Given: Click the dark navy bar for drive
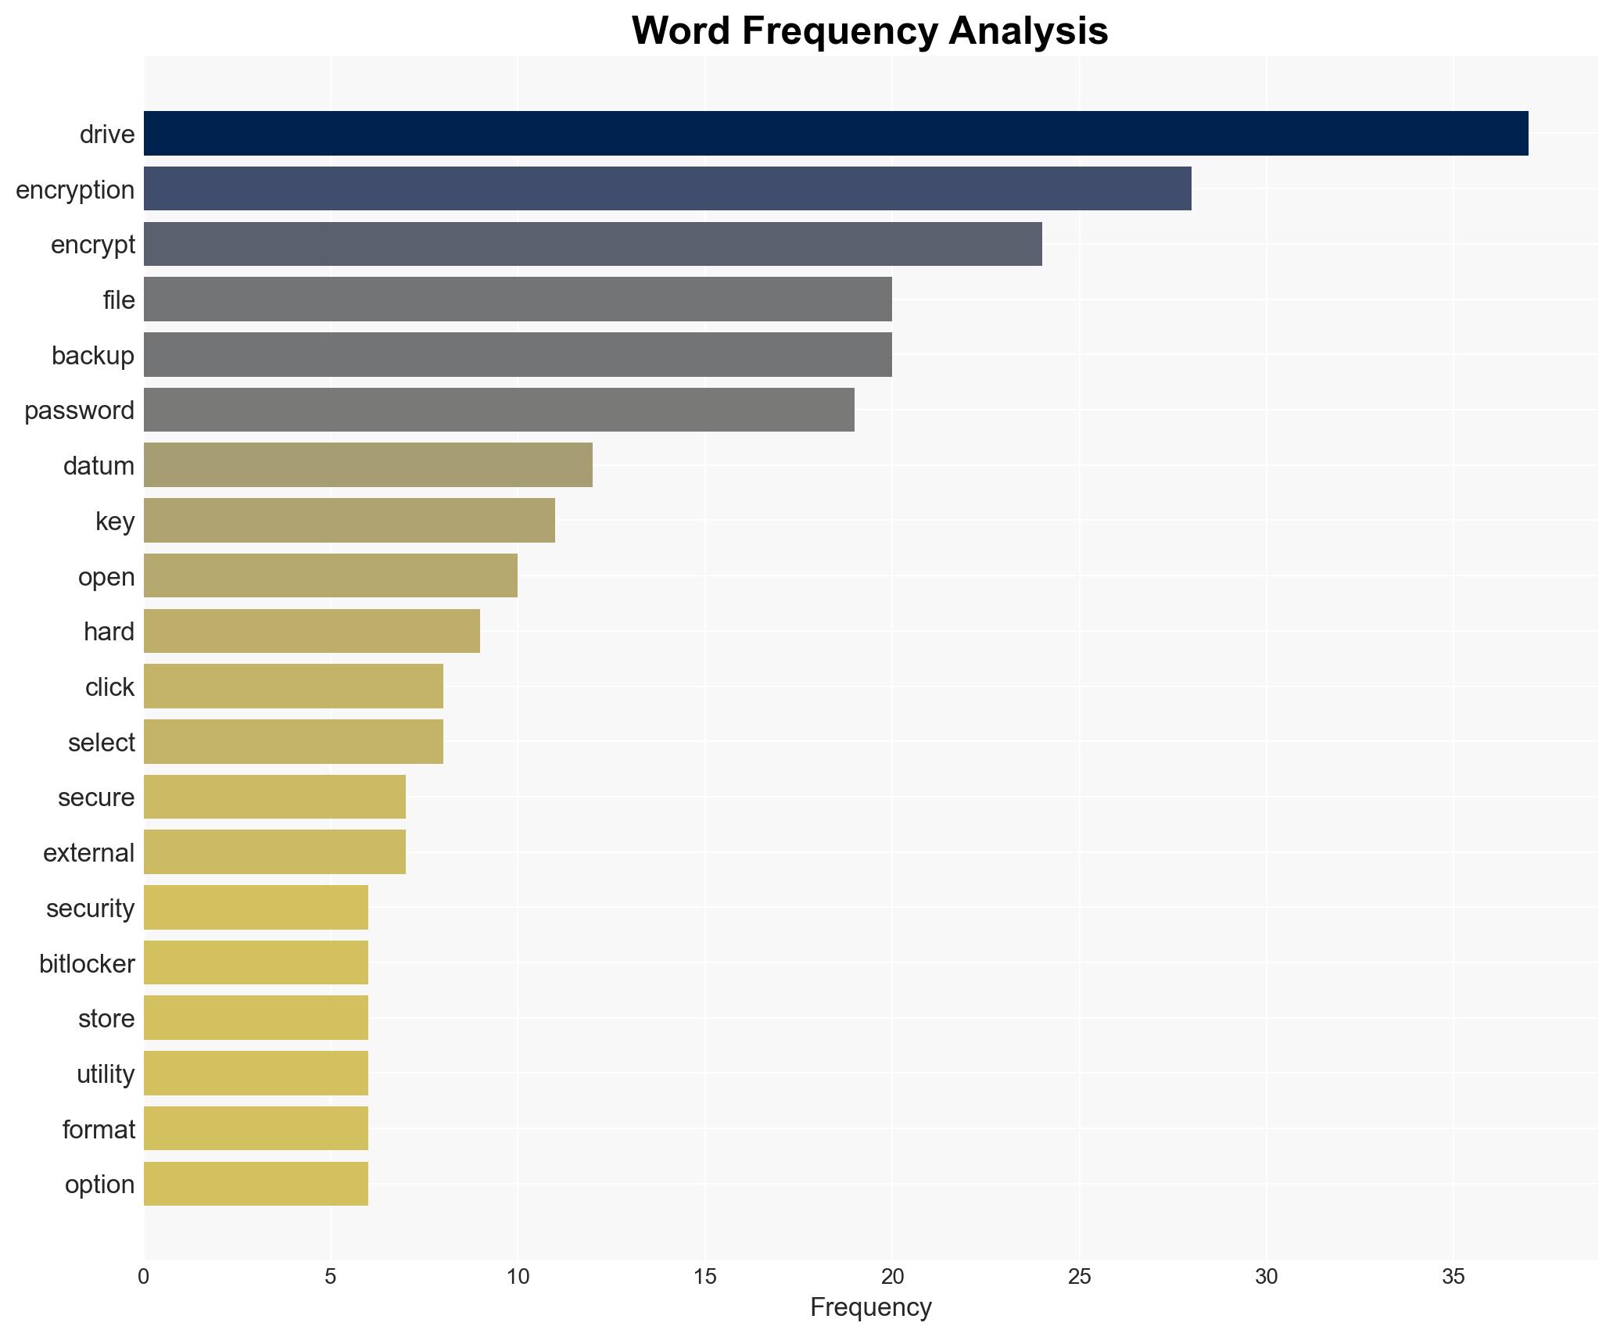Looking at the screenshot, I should click(x=835, y=134).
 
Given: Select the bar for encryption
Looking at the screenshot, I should click(x=667, y=189).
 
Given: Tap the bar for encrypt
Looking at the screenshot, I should click(x=592, y=244).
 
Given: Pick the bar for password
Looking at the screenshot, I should click(x=498, y=410).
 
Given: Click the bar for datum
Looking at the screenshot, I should click(x=367, y=465).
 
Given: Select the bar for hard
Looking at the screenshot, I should click(x=311, y=631).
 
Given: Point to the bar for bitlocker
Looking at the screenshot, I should click(x=256, y=962).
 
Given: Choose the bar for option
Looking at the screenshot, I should click(x=256, y=1184).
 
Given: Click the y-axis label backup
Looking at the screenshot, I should click(x=92, y=356).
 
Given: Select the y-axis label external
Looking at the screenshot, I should click(x=88, y=853).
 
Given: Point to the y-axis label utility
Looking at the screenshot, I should click(x=105, y=1074).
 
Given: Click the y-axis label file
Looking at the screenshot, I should click(x=118, y=300).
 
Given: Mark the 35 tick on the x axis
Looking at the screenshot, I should click(x=1453, y=1277).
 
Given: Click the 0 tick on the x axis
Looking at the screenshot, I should click(x=144, y=1277).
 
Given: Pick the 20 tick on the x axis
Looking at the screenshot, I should click(x=892, y=1277).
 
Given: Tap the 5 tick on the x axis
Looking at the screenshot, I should click(x=331, y=1277).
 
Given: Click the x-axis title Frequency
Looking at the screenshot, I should click(x=870, y=1307).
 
